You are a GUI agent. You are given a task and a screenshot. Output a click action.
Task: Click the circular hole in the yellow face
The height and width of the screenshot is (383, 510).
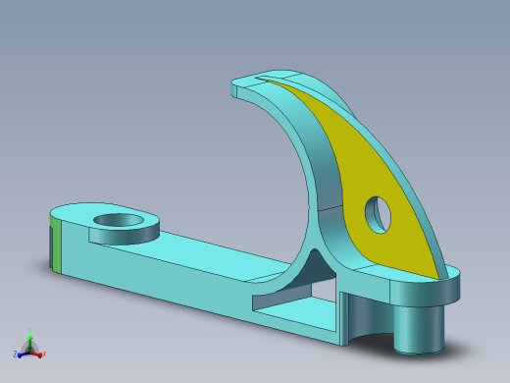377,213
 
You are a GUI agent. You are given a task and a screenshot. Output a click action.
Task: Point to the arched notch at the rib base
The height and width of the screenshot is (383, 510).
314,263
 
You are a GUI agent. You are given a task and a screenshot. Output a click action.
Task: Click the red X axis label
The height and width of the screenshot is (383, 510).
44,354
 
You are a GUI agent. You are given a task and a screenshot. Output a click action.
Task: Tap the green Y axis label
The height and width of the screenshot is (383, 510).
29,332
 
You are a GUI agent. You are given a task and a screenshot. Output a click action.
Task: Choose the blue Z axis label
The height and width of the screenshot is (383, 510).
16,354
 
